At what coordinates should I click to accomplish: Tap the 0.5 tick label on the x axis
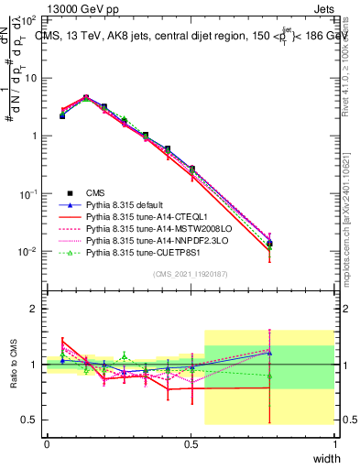(x=191, y=443)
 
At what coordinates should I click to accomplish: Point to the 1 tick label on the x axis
(x=335, y=443)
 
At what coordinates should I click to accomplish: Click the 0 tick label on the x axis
(x=47, y=443)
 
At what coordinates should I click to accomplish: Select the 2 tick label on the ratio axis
(x=34, y=309)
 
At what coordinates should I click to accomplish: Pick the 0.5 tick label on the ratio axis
(x=30, y=420)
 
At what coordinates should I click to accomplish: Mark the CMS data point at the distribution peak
(x=86, y=97)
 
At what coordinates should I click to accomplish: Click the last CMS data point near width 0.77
(x=269, y=244)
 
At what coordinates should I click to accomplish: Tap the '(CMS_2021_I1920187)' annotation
(x=190, y=275)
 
